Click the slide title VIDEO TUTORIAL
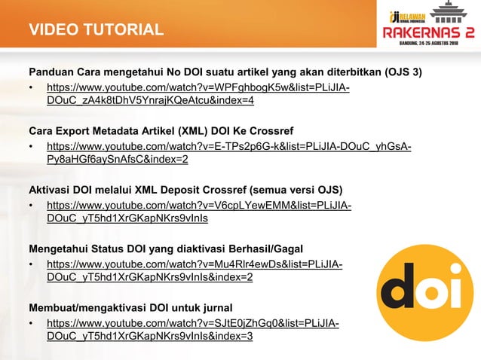(x=97, y=31)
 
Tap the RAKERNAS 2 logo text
(x=427, y=32)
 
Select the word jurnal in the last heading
(x=215, y=307)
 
